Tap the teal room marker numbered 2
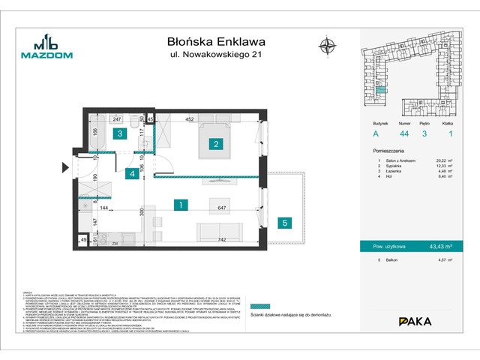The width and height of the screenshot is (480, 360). click(x=215, y=144)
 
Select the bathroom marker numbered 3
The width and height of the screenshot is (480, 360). click(x=118, y=134)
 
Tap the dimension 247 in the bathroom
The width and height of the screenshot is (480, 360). click(x=117, y=118)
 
